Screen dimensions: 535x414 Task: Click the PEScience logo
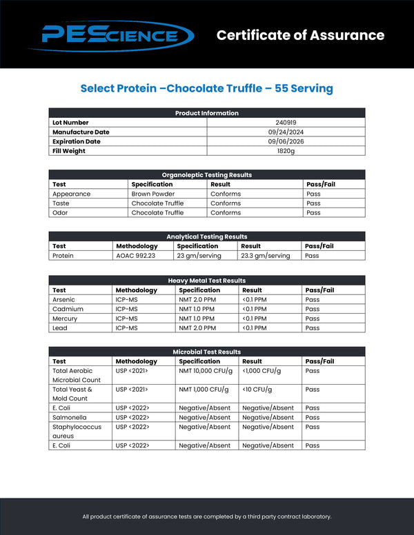117,34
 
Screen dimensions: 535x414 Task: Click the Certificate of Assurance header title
300,35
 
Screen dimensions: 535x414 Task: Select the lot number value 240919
286,123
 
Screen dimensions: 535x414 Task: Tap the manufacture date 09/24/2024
286,132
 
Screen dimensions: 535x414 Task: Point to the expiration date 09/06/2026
286,141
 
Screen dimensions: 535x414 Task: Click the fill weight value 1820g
286,151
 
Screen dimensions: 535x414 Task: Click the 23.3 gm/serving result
266,256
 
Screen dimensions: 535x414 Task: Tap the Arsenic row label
64,300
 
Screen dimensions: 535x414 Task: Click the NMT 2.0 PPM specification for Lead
197,328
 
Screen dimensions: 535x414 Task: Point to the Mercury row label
65,319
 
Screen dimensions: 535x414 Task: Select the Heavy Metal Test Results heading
207,281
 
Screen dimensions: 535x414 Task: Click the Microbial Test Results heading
207,352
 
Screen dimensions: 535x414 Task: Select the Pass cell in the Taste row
313,203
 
